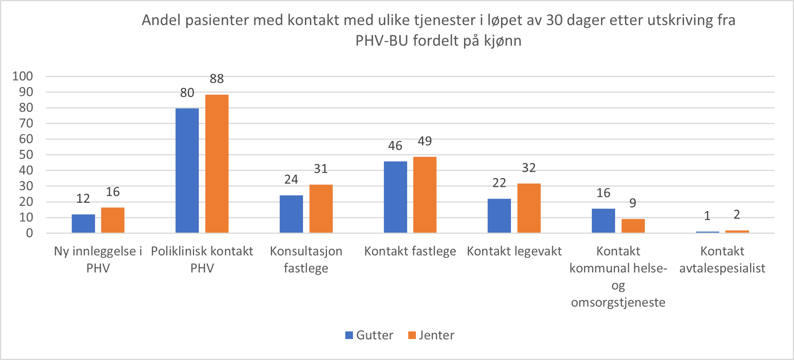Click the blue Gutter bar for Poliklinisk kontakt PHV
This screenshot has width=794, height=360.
[x=187, y=170]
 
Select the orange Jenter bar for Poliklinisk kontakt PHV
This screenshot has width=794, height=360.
[x=217, y=164]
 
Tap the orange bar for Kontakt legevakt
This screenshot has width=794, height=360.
[x=529, y=208]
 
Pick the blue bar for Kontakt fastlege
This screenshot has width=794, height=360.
[x=395, y=197]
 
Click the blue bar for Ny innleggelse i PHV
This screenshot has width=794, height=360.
[x=83, y=223]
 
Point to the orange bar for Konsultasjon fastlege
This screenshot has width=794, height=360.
[x=321, y=209]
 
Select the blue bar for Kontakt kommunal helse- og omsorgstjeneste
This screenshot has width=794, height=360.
[x=603, y=220]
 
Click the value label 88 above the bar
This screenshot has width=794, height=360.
[x=217, y=79]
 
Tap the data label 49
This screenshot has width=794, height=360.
[x=425, y=141]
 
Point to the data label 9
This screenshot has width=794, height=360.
[x=633, y=203]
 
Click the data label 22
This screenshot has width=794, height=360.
[x=499, y=183]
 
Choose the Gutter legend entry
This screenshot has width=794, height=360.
[x=369, y=335]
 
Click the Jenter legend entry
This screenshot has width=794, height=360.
[x=432, y=335]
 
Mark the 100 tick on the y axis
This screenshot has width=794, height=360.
[x=23, y=76]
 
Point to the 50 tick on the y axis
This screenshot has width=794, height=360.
[x=26, y=155]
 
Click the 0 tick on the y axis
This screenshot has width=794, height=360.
[x=29, y=233]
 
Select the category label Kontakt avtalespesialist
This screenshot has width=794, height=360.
[x=722, y=259]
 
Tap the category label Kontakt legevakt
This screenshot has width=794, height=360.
[x=514, y=251]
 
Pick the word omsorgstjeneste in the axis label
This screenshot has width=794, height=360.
[x=618, y=302]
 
